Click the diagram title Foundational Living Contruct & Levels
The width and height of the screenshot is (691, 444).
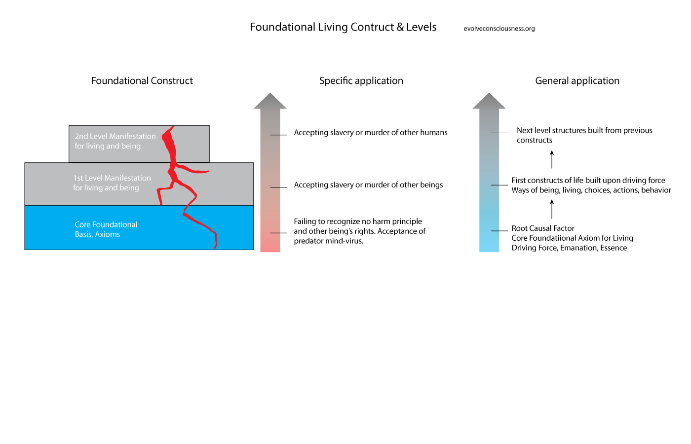pyautogui.click(x=343, y=27)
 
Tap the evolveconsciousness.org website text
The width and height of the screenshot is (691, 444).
pyautogui.click(x=499, y=29)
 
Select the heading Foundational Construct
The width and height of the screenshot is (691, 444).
pyautogui.click(x=142, y=81)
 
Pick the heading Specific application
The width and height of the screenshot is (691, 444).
pyautogui.click(x=361, y=81)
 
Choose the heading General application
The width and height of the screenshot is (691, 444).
pyautogui.click(x=577, y=81)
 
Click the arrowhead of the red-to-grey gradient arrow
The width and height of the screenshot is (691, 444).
pyautogui.click(x=270, y=101)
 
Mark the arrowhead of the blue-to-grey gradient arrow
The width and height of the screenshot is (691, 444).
pyautogui.click(x=489, y=101)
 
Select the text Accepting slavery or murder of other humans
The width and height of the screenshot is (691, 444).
pyautogui.click(x=371, y=133)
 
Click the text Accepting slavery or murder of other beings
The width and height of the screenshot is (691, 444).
pyautogui.click(x=368, y=185)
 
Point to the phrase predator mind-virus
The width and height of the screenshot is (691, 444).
pyautogui.click(x=329, y=241)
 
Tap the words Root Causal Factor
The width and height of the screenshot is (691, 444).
pyautogui.click(x=543, y=228)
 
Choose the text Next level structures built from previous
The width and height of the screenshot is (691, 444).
pyautogui.click(x=584, y=131)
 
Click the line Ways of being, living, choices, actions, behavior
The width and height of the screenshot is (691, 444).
pyautogui.click(x=591, y=190)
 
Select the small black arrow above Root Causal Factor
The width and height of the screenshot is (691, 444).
pyautogui.click(x=552, y=209)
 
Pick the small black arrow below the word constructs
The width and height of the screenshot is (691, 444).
pyautogui.click(x=552, y=160)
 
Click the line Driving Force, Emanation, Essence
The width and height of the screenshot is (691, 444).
pyautogui.click(x=569, y=248)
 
